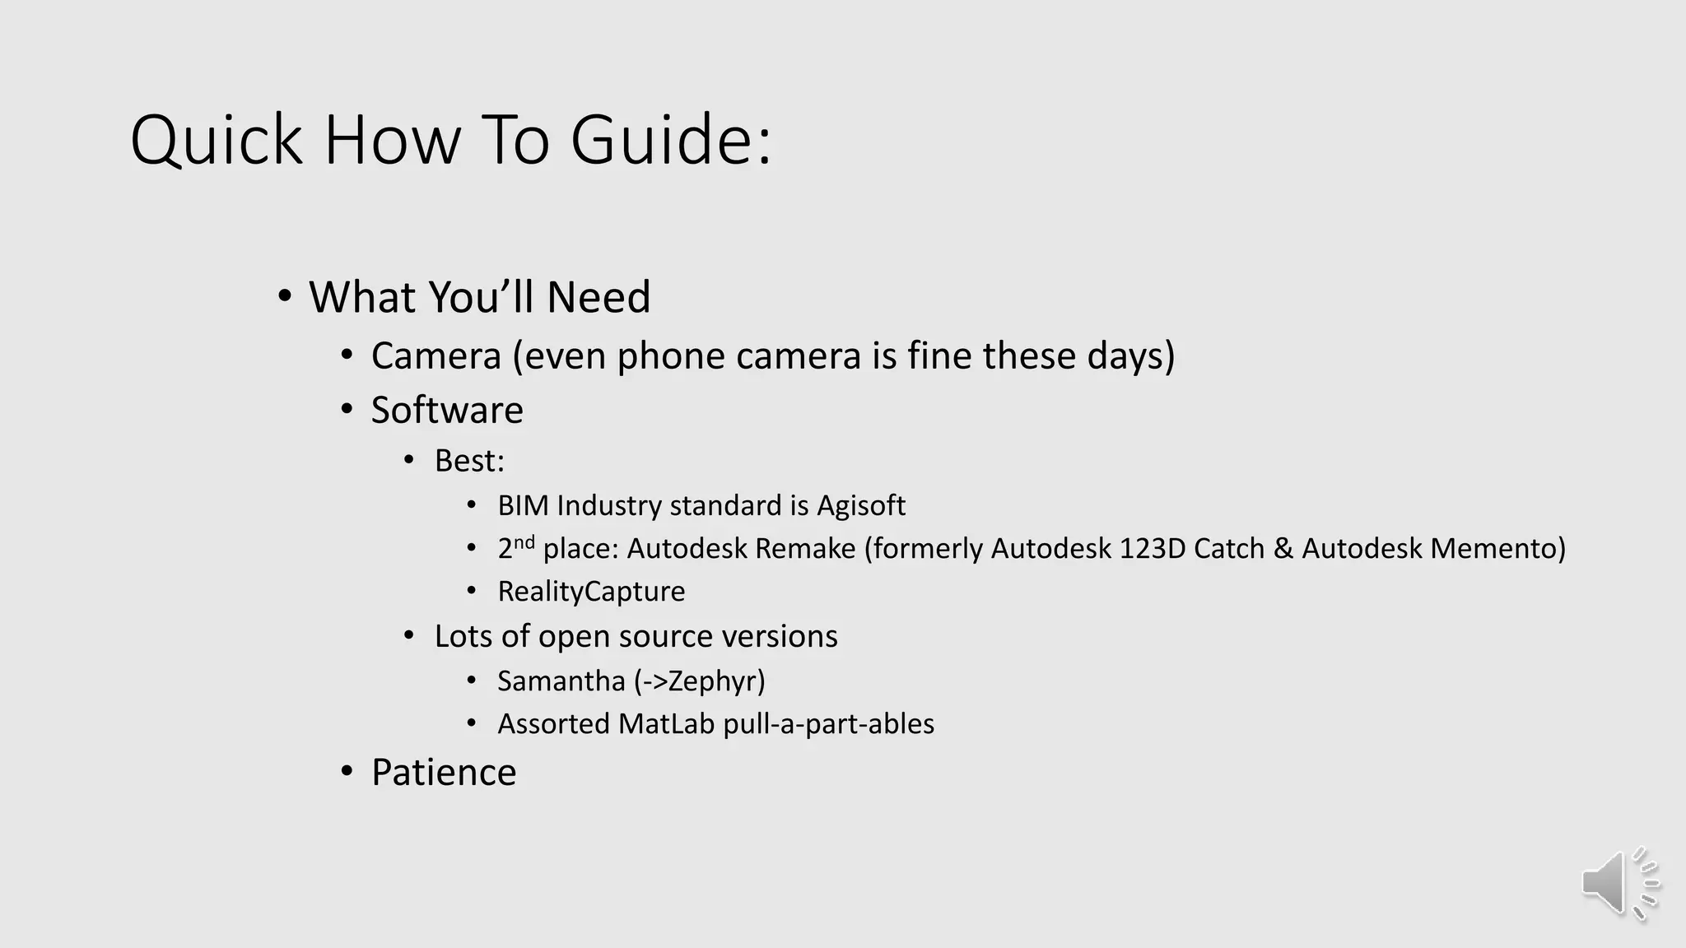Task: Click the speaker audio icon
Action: (x=1618, y=884)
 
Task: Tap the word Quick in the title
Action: (x=217, y=140)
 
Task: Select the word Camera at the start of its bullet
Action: (x=435, y=356)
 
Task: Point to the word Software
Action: (x=447, y=410)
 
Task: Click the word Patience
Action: (x=444, y=772)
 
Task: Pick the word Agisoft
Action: (x=860, y=505)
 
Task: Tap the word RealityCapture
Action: (x=591, y=592)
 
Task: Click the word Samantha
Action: (x=561, y=681)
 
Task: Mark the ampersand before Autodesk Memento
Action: (x=1283, y=549)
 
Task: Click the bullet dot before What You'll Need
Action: (x=285, y=296)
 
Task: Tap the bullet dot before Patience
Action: (x=347, y=772)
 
